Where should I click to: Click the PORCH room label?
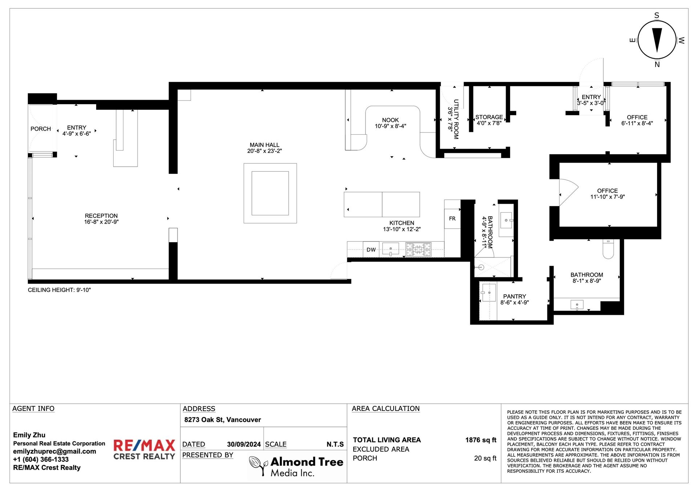click(x=41, y=129)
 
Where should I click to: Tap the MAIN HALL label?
click(x=264, y=145)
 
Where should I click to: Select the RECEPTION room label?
click(x=101, y=216)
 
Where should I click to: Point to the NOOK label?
click(x=390, y=120)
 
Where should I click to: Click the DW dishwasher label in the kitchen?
click(x=371, y=250)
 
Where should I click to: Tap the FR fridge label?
click(x=452, y=219)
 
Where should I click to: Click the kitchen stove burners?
click(x=419, y=249)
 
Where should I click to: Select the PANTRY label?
click(x=514, y=297)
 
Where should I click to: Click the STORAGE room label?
click(x=489, y=117)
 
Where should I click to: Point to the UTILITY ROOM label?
click(x=456, y=119)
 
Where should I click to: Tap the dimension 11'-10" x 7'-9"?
click(x=607, y=197)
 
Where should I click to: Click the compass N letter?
click(x=657, y=65)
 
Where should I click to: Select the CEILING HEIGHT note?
click(x=59, y=290)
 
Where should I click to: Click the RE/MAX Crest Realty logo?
click(x=144, y=450)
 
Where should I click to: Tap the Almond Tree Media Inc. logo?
click(x=296, y=466)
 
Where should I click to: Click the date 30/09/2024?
click(x=244, y=444)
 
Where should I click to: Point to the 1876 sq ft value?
click(x=481, y=440)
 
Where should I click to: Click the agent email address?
click(x=54, y=451)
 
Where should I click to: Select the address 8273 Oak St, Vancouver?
click(x=223, y=420)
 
